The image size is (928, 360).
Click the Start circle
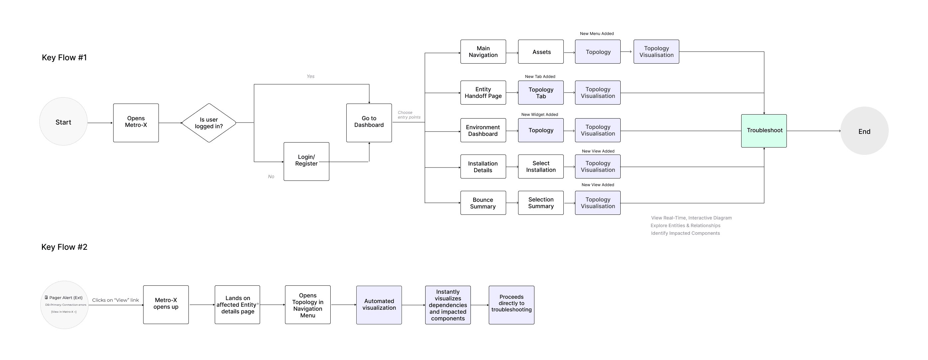63,122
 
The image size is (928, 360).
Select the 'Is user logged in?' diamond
209,123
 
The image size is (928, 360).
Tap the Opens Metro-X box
136,123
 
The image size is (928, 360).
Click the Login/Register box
306,161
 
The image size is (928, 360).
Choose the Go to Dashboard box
369,123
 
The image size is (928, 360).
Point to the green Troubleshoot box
764,131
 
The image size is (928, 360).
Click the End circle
864,131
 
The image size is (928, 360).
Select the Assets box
541,52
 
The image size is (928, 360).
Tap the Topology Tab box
541,93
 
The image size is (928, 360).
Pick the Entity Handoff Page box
483,93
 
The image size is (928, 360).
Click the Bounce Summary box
483,203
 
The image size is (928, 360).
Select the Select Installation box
541,167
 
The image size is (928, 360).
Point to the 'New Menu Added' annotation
597,34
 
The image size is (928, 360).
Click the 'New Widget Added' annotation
539,115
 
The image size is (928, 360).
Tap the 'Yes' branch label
311,76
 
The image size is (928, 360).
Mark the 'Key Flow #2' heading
65,247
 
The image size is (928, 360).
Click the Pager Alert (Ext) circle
65,305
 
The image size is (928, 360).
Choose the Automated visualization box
379,305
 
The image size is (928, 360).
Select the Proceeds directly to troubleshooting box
511,305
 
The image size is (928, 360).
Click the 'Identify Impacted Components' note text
685,233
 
